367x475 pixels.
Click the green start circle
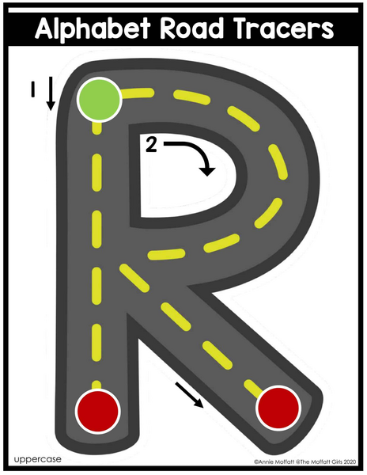[x=99, y=100]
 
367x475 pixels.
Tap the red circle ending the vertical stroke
[x=97, y=412]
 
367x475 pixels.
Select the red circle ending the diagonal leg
[x=278, y=408]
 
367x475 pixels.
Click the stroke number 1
[x=32, y=90]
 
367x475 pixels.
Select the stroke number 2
[x=151, y=144]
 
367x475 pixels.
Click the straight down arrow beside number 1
[x=51, y=93]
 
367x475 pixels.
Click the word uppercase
[x=37, y=459]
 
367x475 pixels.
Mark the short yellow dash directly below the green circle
[x=96, y=127]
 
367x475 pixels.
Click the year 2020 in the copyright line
[x=350, y=462]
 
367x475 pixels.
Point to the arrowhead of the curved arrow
[x=208, y=172]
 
